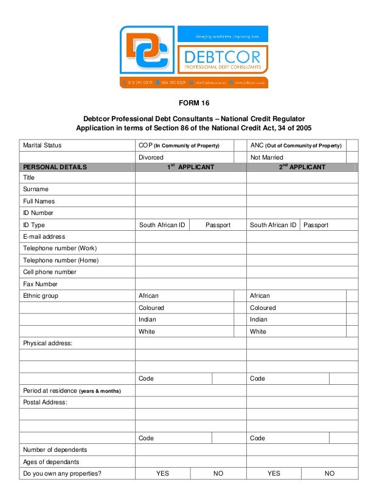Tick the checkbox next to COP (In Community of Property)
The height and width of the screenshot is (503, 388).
240,146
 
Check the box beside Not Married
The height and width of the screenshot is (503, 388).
352,157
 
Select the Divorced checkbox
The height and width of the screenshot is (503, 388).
240,157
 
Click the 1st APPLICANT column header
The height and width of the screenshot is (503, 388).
190,167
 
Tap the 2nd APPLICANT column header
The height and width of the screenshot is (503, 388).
302,167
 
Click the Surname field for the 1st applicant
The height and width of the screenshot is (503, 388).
190,189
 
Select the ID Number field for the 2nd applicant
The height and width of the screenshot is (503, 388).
302,213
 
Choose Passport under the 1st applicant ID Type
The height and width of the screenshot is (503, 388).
218,225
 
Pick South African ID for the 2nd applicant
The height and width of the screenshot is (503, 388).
273,225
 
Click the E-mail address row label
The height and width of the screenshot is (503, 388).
44,237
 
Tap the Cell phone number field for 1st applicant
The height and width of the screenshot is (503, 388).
190,272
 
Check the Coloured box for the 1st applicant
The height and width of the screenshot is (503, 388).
240,308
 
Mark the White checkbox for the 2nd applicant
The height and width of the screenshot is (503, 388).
352,332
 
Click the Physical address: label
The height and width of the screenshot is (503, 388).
47,343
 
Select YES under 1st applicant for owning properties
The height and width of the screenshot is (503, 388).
162,474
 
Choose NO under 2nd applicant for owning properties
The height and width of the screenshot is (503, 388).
330,474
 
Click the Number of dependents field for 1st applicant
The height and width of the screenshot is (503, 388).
190,450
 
